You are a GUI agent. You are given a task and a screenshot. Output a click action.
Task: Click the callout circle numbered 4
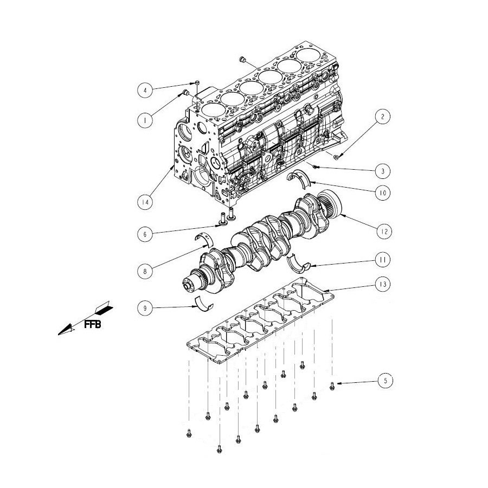pos(145,91)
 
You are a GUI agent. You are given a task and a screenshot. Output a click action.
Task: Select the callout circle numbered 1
pos(145,119)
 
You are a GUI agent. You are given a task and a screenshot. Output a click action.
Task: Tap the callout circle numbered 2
pos(382,117)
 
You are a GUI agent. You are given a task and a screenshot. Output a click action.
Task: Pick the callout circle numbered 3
pos(382,171)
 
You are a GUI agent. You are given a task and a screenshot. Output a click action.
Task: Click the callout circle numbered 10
pos(382,193)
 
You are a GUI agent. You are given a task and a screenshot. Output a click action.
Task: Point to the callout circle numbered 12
pos(384,231)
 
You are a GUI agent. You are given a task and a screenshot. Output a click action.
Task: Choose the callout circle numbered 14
pos(145,202)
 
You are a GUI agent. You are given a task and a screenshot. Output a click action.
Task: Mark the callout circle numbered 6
pos(145,234)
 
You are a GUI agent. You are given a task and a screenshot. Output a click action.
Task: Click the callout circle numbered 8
pos(145,272)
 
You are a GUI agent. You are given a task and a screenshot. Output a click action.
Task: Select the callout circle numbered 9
pos(145,308)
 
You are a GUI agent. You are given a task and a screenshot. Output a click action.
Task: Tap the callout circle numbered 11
pos(382,260)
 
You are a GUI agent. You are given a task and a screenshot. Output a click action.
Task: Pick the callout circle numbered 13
pos(382,284)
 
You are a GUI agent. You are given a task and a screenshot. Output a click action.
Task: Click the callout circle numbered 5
pos(386,381)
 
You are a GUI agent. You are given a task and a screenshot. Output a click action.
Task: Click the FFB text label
pos(92,325)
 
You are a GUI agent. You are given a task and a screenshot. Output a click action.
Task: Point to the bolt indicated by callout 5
pos(332,386)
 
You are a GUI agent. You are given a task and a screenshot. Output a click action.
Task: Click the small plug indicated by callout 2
pos(336,157)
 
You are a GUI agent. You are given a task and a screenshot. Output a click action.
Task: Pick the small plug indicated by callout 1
pos(186,92)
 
